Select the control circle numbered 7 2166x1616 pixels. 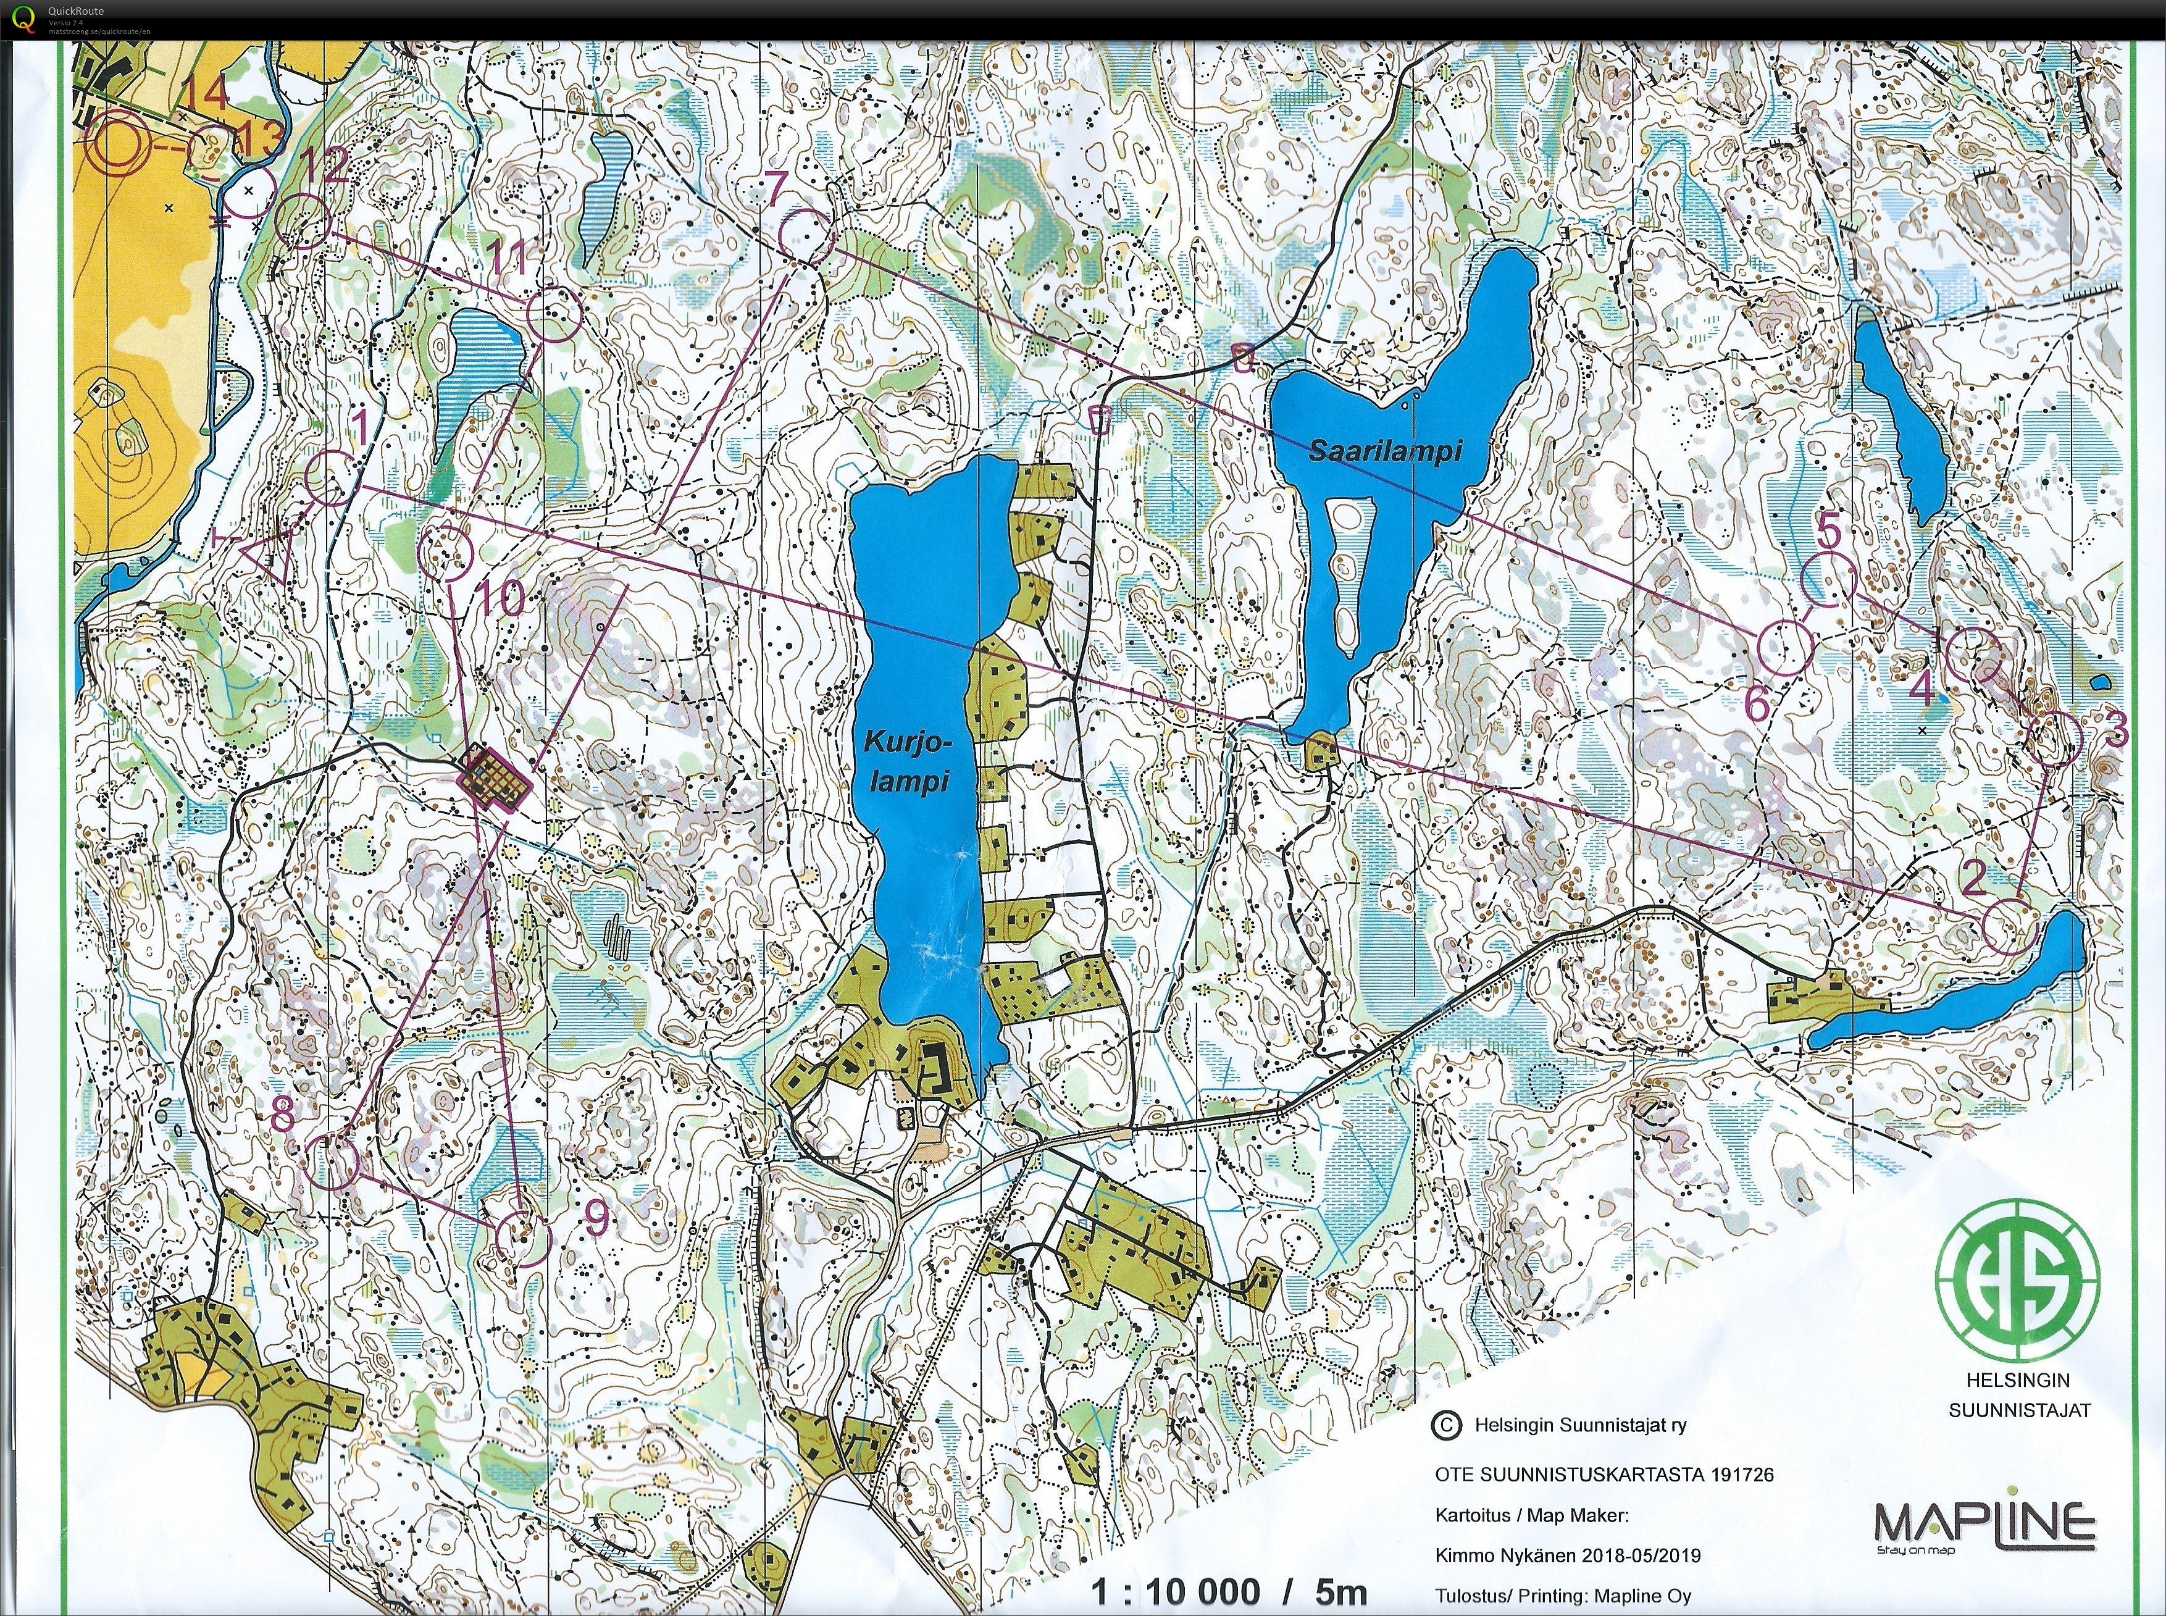point(808,236)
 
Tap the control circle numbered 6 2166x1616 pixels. point(1786,648)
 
